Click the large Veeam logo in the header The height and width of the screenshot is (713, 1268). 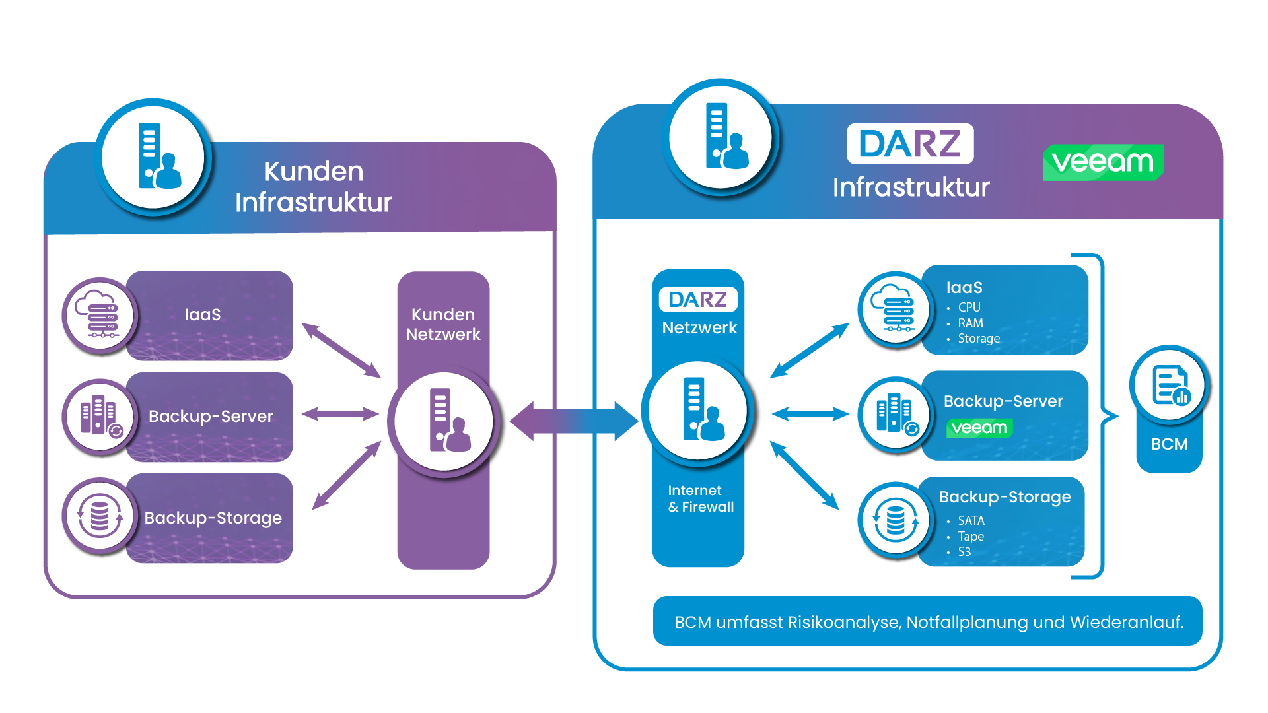pyautogui.click(x=1103, y=162)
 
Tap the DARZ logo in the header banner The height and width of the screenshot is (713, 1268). pyautogui.click(x=910, y=143)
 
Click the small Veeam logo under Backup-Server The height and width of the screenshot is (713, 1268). pyautogui.click(x=979, y=428)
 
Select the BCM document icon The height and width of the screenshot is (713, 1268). pyautogui.click(x=1170, y=385)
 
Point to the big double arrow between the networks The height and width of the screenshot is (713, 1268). pyautogui.click(x=574, y=421)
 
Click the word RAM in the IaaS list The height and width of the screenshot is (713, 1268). pyautogui.click(x=970, y=323)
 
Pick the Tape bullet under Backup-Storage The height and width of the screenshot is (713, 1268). pyautogui.click(x=971, y=536)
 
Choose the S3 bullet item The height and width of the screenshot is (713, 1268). pyautogui.click(x=964, y=552)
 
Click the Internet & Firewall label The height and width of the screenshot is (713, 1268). pyautogui.click(x=701, y=498)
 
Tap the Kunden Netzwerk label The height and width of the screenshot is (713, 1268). pyautogui.click(x=443, y=324)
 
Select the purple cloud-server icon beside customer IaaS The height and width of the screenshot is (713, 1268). pyautogui.click(x=100, y=316)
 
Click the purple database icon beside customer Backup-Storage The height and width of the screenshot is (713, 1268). pyautogui.click(x=100, y=516)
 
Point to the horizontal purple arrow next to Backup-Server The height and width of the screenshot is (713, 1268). pyautogui.click(x=340, y=415)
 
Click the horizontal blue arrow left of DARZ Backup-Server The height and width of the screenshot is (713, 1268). pyautogui.click(x=810, y=415)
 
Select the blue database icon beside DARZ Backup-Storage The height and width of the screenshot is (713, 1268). pyautogui.click(x=896, y=520)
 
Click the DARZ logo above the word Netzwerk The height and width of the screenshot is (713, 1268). pyautogui.click(x=698, y=300)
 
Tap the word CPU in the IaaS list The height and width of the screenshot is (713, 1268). pyautogui.click(x=969, y=307)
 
